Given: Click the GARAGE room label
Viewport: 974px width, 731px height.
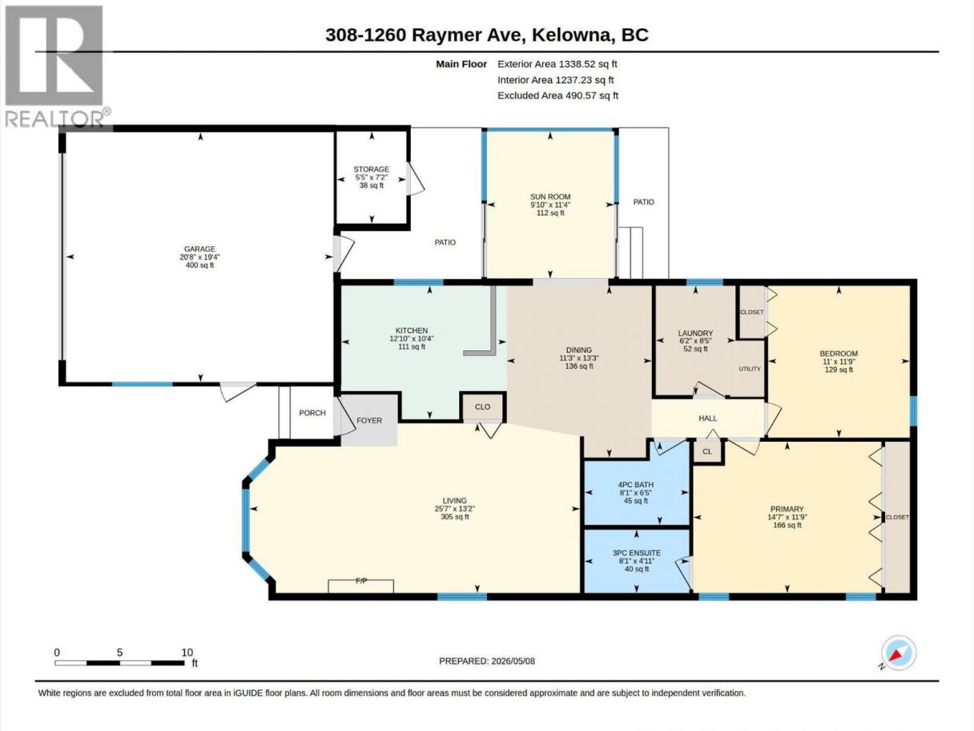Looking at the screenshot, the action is [199, 249].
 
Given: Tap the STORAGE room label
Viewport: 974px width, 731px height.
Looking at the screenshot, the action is [372, 169].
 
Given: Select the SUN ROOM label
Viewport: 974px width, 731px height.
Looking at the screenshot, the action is [550, 196].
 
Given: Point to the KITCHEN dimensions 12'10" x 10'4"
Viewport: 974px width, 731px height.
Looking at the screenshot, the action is [412, 338].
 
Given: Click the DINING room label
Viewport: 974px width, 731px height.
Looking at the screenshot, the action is [579, 349].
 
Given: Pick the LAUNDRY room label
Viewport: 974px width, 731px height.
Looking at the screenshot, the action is [695, 333].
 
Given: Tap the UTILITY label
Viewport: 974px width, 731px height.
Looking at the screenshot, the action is [750, 369].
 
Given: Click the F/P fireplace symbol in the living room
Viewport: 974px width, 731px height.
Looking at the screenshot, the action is [360, 586].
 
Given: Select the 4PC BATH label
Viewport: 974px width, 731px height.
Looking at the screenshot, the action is [636, 485].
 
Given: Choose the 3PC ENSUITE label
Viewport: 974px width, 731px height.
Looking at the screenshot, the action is [637, 553].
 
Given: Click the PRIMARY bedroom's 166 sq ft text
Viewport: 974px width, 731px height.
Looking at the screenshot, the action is [787, 525].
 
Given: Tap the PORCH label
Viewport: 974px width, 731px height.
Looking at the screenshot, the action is [312, 413].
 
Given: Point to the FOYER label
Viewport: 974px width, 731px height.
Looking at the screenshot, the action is [369, 420].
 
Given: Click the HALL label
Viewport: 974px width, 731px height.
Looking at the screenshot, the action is [708, 418].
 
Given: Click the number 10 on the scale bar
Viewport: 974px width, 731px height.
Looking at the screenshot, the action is [187, 652].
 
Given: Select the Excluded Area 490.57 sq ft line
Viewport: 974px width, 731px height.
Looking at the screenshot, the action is [557, 95].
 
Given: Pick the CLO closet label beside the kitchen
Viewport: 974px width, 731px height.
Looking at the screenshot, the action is [482, 406].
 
